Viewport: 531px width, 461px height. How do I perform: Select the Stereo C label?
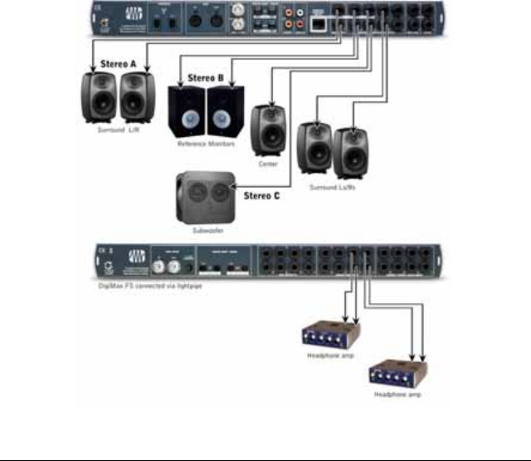pyautogui.click(x=261, y=197)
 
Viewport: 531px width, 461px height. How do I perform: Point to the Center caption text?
pyautogui.click(x=267, y=164)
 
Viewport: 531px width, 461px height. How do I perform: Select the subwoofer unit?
pyautogui.click(x=203, y=198)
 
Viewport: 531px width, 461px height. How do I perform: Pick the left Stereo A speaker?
pyautogui.click(x=99, y=99)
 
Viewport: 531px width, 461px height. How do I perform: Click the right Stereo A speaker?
pyautogui.click(x=137, y=99)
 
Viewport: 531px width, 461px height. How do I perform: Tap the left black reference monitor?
pyautogui.click(x=187, y=111)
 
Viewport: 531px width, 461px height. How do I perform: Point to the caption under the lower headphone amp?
pyautogui.click(x=396, y=395)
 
